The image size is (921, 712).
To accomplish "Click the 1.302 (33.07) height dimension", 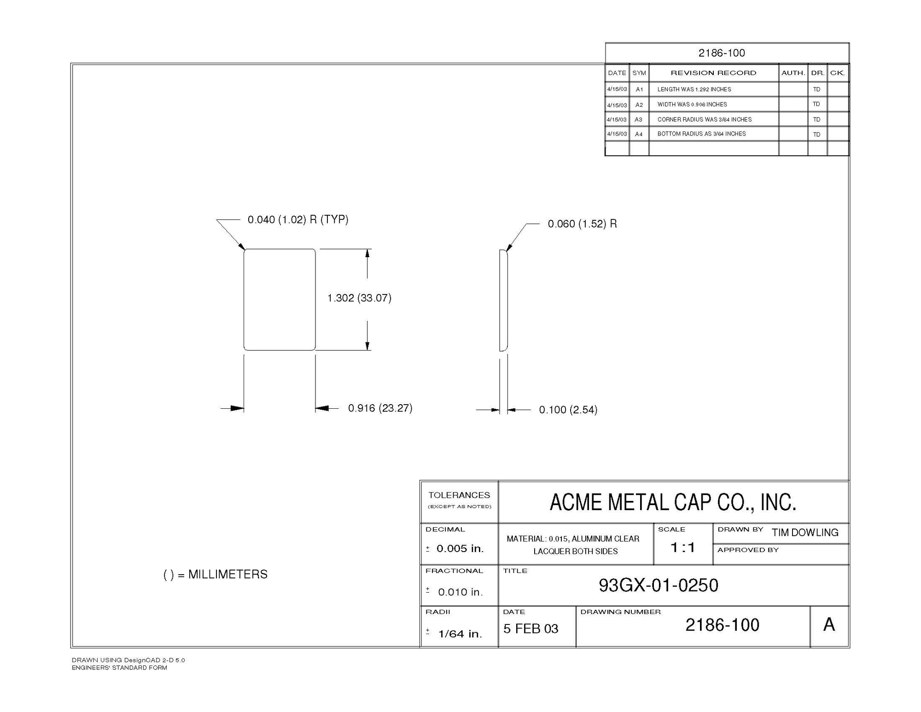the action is (x=359, y=298).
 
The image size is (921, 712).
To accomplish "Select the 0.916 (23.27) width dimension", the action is (x=380, y=408).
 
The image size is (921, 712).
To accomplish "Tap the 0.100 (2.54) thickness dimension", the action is (x=568, y=410).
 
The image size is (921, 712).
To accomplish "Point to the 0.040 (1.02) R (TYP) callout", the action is (x=298, y=219).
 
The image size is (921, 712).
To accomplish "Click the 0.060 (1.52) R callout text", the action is (x=582, y=224).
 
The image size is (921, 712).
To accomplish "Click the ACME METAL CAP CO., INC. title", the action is (x=673, y=502).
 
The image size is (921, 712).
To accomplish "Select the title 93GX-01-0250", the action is (x=659, y=585).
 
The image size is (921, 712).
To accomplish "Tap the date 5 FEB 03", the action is (x=530, y=629).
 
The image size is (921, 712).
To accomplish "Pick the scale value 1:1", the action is (x=682, y=547).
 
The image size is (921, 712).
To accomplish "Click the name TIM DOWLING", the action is (x=805, y=533).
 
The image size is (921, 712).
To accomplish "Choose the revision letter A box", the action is (x=829, y=625).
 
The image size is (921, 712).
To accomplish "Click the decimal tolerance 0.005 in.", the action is (x=460, y=548).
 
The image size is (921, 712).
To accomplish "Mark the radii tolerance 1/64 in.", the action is (x=460, y=634).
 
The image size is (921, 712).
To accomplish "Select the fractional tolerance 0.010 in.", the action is (x=460, y=592).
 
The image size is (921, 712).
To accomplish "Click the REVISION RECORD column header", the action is (x=713, y=73).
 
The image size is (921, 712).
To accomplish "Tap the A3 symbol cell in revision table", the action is (x=639, y=119).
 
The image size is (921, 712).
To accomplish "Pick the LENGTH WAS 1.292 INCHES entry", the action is (x=694, y=89).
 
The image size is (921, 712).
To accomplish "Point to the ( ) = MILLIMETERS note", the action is (x=216, y=575).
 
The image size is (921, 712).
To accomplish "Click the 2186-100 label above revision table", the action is (x=722, y=53).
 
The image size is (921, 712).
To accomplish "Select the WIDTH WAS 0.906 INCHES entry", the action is (x=692, y=105).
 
